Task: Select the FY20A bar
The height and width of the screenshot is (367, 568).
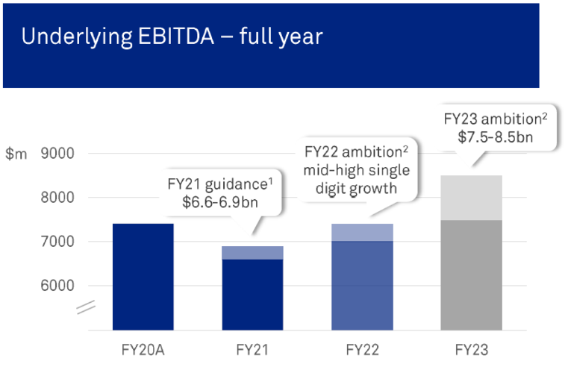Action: point(143,277)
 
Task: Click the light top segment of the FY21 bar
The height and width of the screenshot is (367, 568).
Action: point(252,253)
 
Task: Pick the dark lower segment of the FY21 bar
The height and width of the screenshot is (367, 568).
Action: point(252,295)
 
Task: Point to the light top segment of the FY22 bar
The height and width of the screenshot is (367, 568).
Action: point(362,232)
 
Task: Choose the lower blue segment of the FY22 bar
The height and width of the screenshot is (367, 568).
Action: point(362,286)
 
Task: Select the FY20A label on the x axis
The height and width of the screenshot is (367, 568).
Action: point(143,349)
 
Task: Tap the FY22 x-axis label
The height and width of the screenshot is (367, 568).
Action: point(362,349)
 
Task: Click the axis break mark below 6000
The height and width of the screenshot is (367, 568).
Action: point(85,304)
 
